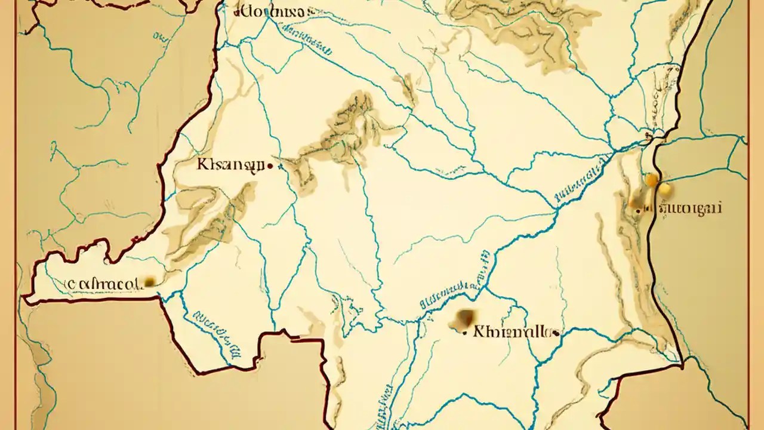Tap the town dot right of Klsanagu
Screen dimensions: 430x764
click(271, 167)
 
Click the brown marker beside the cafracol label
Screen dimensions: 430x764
click(148, 281)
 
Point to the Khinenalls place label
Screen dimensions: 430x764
click(512, 331)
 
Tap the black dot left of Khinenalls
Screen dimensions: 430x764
click(465, 333)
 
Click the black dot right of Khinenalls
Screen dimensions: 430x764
click(556, 333)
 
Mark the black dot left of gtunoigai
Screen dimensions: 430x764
click(639, 210)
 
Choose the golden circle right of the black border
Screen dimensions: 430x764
click(664, 189)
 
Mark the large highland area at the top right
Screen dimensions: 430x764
click(525, 24)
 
